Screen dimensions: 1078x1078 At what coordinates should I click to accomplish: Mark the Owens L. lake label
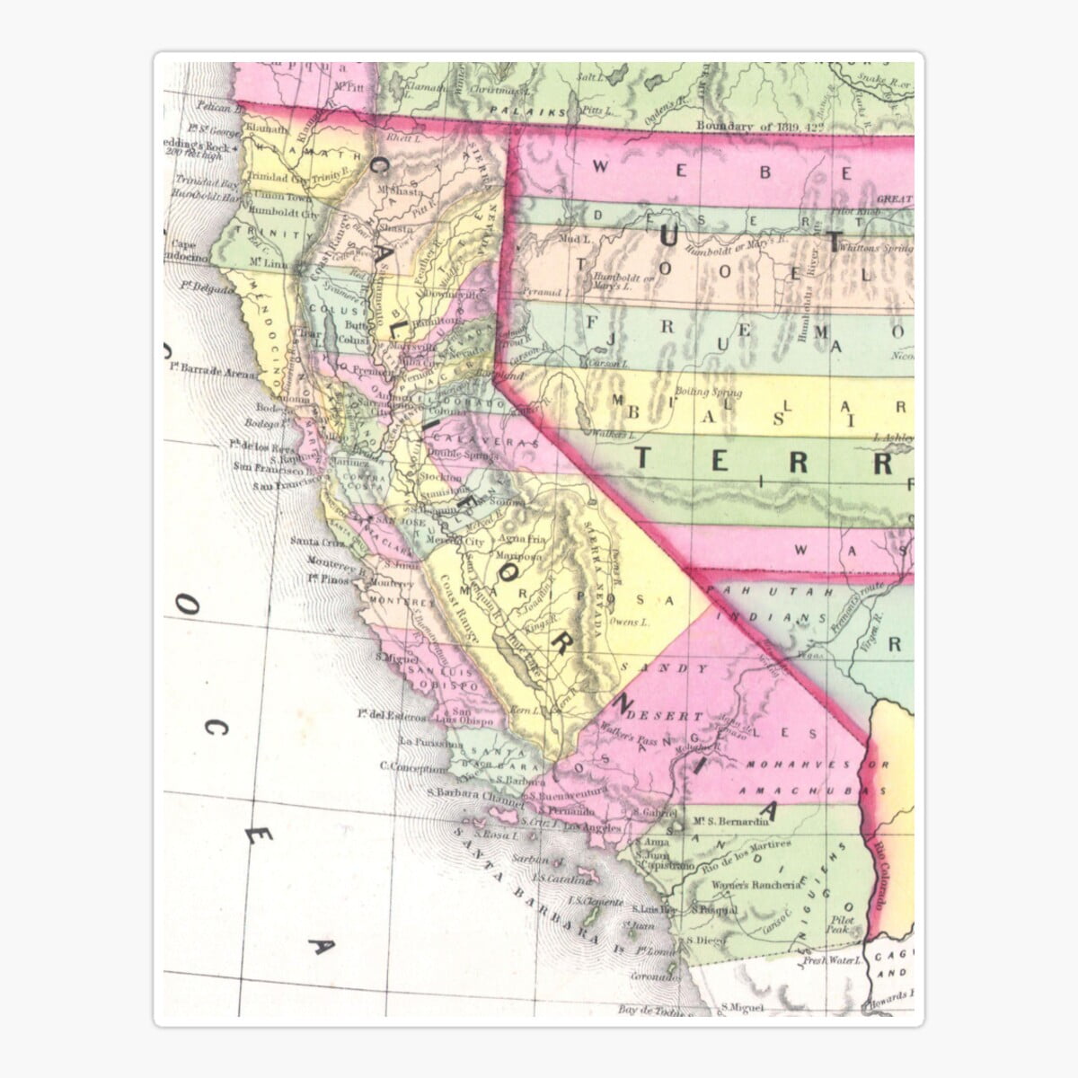point(628,622)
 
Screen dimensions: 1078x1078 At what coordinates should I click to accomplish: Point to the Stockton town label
point(440,478)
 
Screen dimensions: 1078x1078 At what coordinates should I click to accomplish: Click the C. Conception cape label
point(412,767)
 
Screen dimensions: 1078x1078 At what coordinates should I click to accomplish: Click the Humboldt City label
point(285,215)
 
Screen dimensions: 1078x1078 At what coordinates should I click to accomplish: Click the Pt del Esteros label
point(391,715)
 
